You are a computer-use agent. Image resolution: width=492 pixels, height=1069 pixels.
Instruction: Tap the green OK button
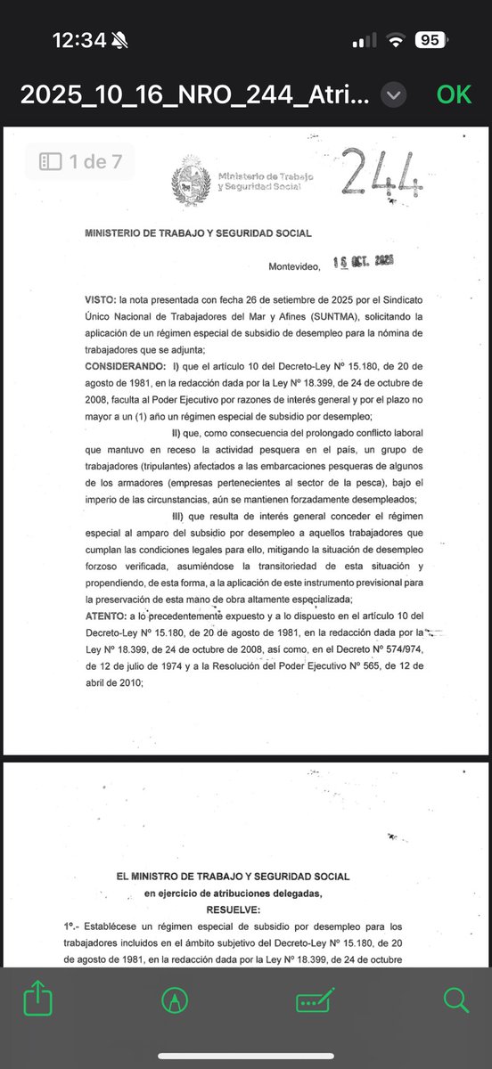pos(454,94)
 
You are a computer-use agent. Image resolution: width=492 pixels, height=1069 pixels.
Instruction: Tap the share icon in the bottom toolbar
pos(38,1000)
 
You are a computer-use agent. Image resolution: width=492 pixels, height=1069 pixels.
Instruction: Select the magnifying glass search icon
pos(455,1000)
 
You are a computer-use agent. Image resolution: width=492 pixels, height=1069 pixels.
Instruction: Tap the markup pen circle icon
pos(175,1000)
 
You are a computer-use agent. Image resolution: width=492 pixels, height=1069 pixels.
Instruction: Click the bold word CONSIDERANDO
pos(125,366)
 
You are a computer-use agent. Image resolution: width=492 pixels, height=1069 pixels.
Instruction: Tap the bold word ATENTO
pos(105,616)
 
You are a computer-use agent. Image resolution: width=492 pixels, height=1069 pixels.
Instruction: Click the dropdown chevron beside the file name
pos(394,94)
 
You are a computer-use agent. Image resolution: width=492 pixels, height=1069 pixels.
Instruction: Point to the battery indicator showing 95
pos(430,40)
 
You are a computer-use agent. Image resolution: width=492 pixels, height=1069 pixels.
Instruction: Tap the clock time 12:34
pos(80,40)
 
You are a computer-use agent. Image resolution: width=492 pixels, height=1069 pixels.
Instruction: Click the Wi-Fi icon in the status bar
pos(394,40)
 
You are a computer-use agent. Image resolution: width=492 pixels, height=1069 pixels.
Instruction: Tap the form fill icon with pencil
pos(315,1000)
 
